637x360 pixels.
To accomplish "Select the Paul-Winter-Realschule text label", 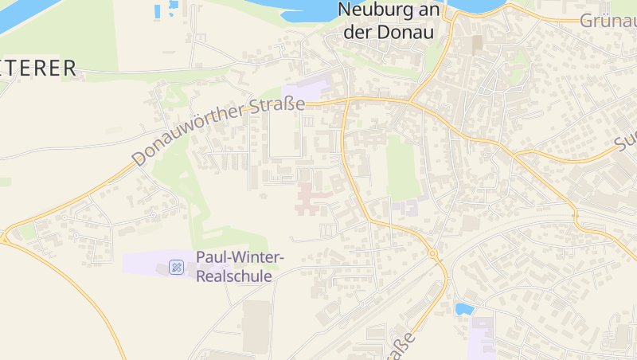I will coord(240,267).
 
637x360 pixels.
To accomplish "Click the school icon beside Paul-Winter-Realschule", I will coord(177,267).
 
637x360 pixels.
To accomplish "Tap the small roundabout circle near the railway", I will coord(433,254).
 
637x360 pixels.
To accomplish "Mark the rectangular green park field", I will coord(403,167).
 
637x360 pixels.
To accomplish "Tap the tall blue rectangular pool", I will coord(157,11).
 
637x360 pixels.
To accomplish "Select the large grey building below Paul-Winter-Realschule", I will coord(256,326).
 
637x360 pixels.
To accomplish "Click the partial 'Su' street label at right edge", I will coord(624,141).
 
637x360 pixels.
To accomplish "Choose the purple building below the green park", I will coord(408,208).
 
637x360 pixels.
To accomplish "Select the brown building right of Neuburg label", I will coord(477,44).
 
